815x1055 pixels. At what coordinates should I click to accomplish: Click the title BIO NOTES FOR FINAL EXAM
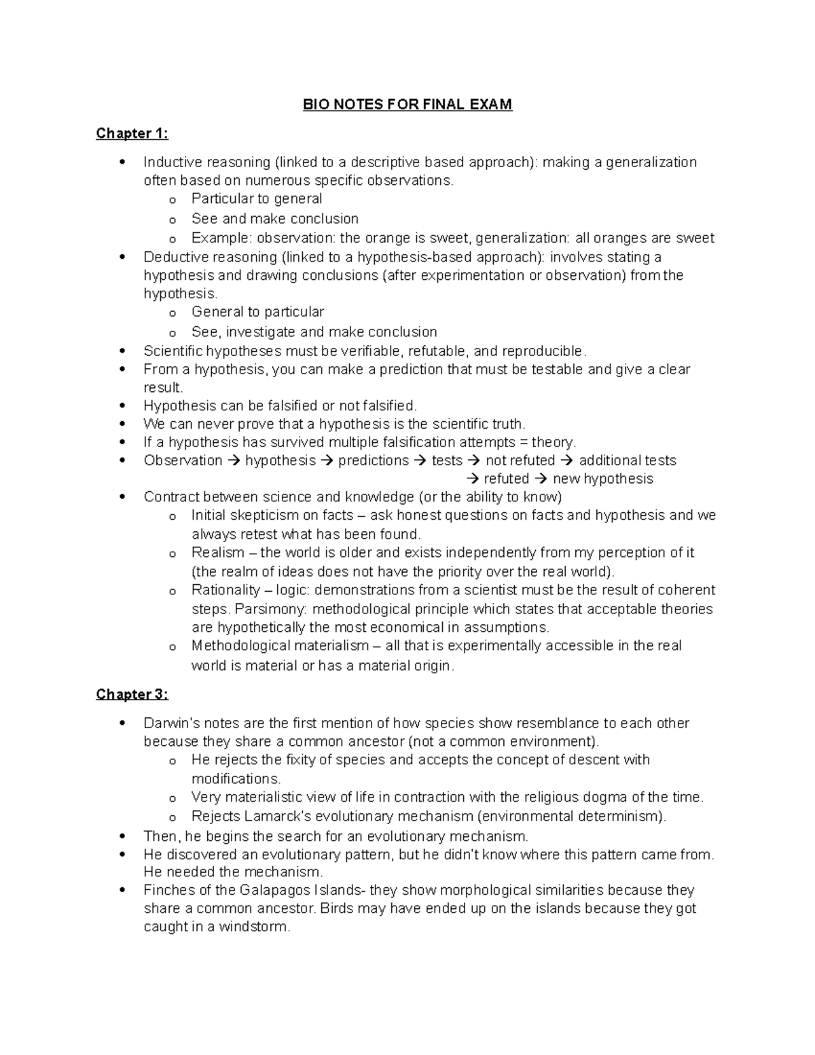407,105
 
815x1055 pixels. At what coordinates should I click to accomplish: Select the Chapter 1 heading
132,133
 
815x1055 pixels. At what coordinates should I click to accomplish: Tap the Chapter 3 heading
132,694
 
